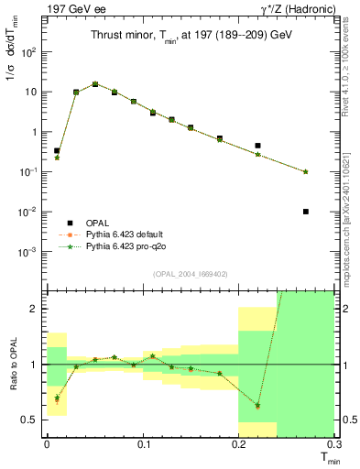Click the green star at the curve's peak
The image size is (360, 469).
tap(95, 84)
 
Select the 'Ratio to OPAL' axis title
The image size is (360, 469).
tap(13, 364)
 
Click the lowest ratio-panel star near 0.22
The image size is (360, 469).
tap(258, 405)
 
